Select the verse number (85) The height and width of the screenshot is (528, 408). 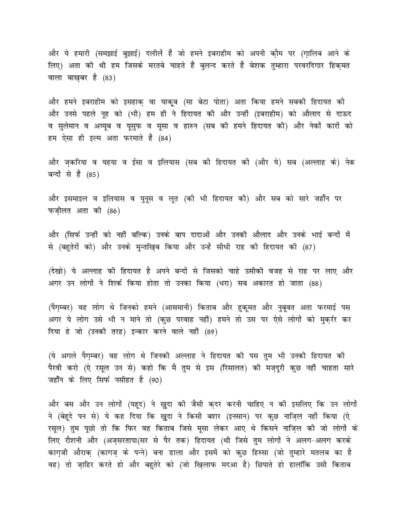(x=94, y=174)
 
